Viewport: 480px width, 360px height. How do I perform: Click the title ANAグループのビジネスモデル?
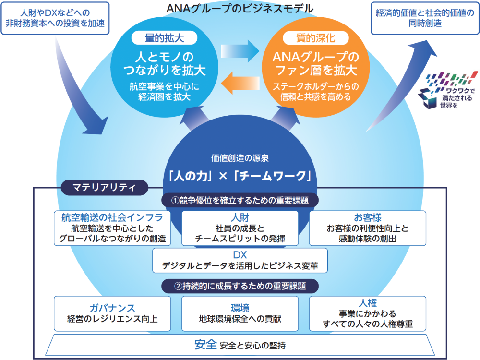coord(240,8)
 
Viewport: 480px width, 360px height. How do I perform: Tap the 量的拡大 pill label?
coord(164,38)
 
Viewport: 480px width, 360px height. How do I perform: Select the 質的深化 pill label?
coord(316,38)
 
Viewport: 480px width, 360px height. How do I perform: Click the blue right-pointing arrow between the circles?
coord(240,51)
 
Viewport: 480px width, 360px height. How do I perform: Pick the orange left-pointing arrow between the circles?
coord(240,83)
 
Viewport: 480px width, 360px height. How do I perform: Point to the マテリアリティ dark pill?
coord(104,187)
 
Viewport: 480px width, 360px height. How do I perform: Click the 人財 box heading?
coord(240,217)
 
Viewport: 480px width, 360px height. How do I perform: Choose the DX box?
coord(240,260)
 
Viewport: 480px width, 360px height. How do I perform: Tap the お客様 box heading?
coord(368,217)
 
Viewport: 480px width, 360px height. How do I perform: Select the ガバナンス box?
coord(112,313)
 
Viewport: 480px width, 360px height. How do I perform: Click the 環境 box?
coord(240,313)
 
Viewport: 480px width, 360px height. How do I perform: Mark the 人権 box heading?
coord(368,303)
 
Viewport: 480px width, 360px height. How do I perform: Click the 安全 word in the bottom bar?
coord(206,345)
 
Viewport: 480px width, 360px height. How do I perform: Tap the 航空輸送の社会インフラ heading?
coord(112,217)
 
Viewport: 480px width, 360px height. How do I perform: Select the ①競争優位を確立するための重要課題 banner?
coord(240,200)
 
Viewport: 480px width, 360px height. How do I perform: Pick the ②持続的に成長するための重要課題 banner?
coord(240,286)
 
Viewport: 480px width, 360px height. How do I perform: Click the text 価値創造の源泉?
coord(240,158)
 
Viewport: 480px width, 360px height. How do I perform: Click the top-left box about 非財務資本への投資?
coord(55,18)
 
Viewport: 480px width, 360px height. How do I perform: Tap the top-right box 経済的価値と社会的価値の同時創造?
coord(425,18)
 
